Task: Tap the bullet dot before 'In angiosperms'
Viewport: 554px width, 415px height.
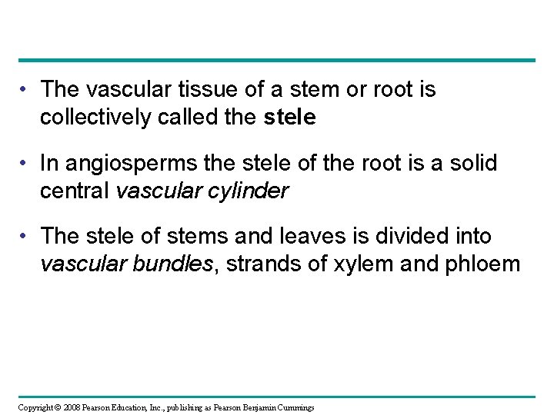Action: pos(25,164)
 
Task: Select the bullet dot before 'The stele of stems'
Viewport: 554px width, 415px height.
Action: pos(25,235)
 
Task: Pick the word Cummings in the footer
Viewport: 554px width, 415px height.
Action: pos(295,407)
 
